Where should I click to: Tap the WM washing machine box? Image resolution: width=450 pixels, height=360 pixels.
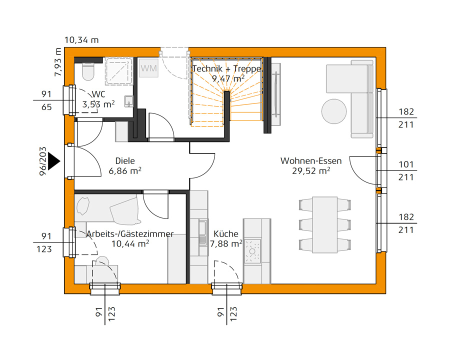point(148,68)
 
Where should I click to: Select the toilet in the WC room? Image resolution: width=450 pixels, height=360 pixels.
point(88,71)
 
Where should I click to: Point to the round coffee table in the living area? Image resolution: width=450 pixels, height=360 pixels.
point(334,110)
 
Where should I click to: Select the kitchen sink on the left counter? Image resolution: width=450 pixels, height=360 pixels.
point(202,232)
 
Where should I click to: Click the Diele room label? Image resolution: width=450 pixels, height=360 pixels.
point(125,161)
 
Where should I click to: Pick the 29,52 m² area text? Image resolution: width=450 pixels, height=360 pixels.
point(310,170)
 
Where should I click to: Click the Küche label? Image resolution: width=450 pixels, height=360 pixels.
point(225,234)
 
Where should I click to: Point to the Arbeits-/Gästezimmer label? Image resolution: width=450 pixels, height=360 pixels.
point(130,234)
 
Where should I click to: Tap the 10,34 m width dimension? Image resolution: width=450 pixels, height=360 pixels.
point(81,40)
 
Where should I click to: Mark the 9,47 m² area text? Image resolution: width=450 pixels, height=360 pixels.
point(227,78)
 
